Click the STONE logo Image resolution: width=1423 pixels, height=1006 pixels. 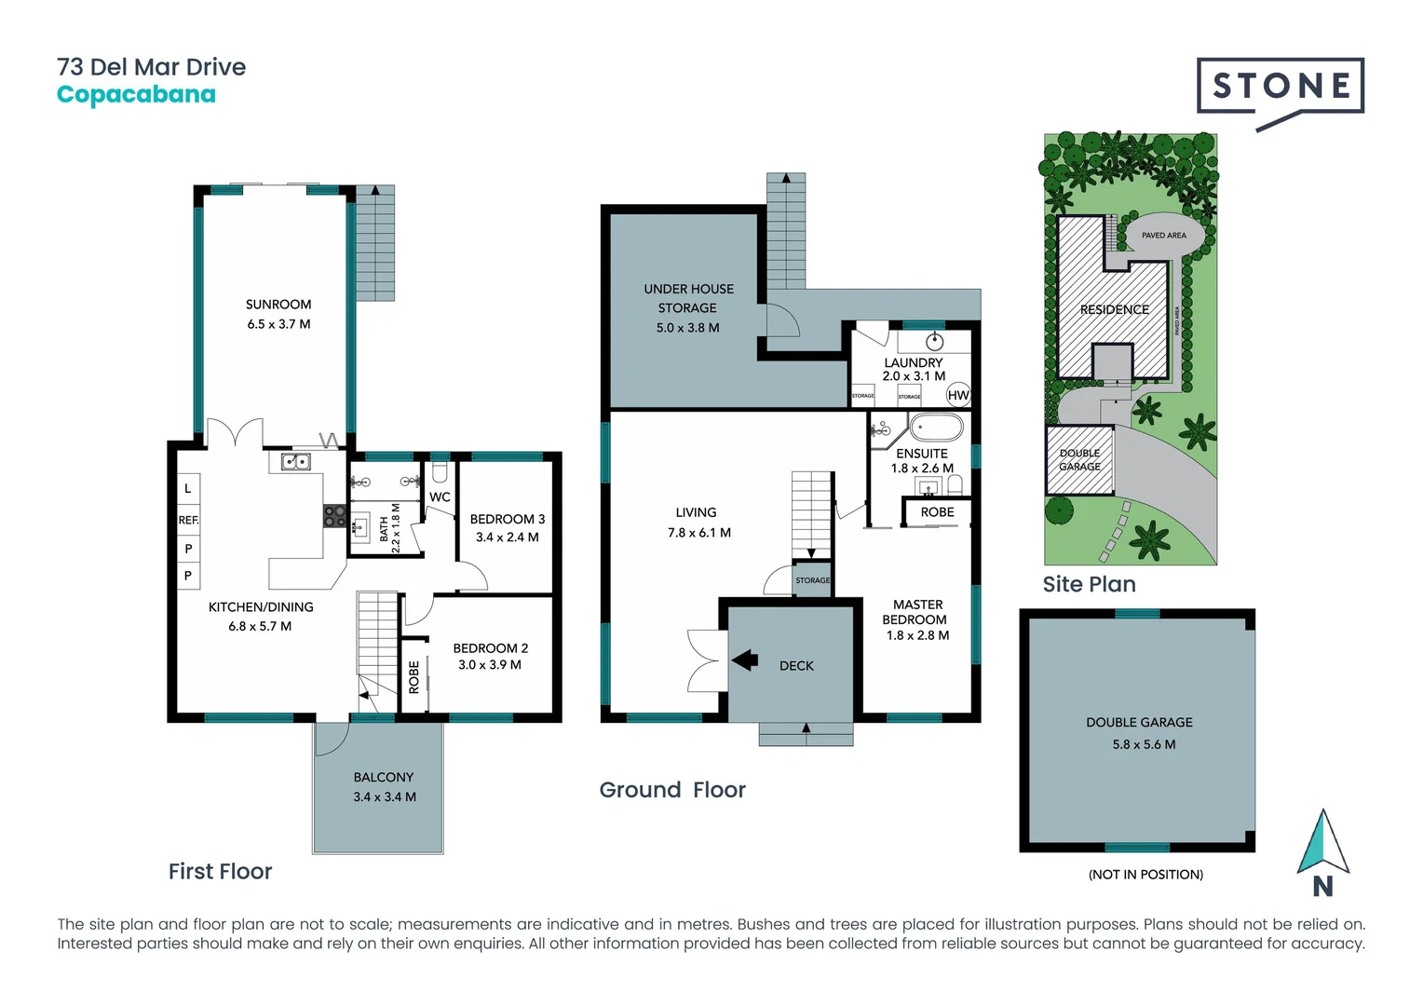tap(1281, 88)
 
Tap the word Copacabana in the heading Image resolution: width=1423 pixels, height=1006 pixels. tap(136, 95)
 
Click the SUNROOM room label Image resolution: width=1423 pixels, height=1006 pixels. tap(278, 305)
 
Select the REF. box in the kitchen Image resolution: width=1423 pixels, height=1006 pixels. tap(188, 520)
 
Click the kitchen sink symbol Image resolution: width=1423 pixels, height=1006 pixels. tap(296, 461)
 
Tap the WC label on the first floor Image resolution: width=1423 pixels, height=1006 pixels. tap(440, 497)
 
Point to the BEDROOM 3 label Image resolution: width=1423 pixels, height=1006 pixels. tap(507, 519)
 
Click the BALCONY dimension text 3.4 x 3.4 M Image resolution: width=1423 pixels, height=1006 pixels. tap(384, 797)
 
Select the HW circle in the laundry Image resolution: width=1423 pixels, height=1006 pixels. tap(958, 395)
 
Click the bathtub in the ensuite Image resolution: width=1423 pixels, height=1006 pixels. tap(935, 428)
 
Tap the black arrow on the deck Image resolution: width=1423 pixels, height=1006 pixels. tap(745, 660)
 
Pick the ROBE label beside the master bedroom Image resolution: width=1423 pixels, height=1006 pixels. tap(937, 512)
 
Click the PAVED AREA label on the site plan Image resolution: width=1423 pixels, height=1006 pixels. tap(1163, 236)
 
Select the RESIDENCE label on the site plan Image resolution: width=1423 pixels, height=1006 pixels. tap(1114, 309)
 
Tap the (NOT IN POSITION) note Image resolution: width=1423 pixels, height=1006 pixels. tap(1145, 875)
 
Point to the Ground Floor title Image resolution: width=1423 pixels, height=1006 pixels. tap(672, 790)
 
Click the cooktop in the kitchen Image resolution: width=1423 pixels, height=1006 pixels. tap(334, 516)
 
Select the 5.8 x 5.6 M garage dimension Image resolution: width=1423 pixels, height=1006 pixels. tap(1144, 745)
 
